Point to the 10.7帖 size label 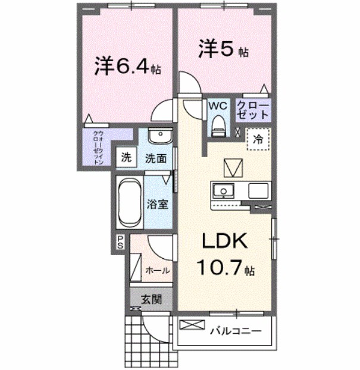coord(226,269)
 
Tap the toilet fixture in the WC coord(217,124)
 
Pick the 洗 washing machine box coord(126,158)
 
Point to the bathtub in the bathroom coord(129,202)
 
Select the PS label coord(120,242)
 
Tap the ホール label coord(158,270)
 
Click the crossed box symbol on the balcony coord(191,326)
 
